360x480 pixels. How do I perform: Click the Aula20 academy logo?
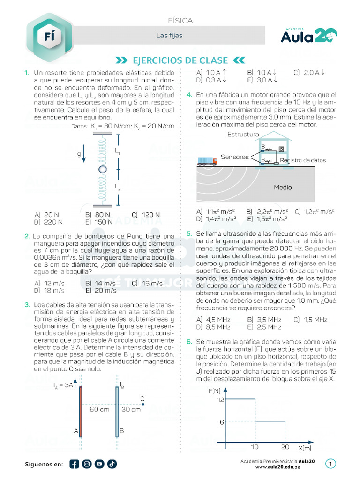coord(309,35)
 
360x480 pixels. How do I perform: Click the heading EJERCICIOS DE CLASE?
coord(180,60)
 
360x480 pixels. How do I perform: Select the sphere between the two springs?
coord(102,169)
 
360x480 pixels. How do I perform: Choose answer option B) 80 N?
coord(98,215)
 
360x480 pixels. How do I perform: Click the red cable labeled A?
coord(81,411)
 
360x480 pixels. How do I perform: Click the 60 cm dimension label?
coord(99,409)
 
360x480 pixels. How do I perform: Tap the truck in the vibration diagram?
coord(208,161)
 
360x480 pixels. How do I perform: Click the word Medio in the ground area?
coord(283,187)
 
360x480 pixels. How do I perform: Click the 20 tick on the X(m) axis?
coord(285,447)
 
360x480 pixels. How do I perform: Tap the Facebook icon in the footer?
coord(74,464)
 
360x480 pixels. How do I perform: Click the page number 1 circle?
coord(331,464)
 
